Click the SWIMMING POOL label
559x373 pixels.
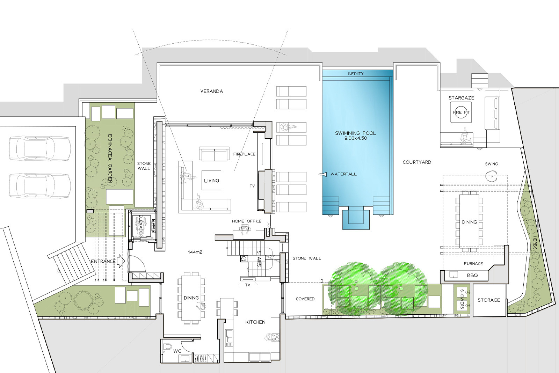[x=355, y=133]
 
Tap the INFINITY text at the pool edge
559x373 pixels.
[x=356, y=74]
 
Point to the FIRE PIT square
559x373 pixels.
[x=461, y=112]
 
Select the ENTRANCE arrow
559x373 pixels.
[x=121, y=261]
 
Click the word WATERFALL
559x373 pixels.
[x=343, y=174]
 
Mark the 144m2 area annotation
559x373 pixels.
[x=195, y=252]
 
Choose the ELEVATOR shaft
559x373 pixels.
[x=141, y=225]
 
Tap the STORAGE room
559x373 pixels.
[x=489, y=300]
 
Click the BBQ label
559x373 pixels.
[x=472, y=276]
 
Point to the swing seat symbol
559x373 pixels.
[x=491, y=176]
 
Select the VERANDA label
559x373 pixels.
[x=212, y=91]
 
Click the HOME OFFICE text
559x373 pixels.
[x=247, y=221]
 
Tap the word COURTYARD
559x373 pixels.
[x=417, y=162]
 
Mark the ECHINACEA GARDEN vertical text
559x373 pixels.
[x=110, y=159]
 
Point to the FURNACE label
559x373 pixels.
[x=473, y=263]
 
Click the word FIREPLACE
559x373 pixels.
[x=244, y=154]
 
